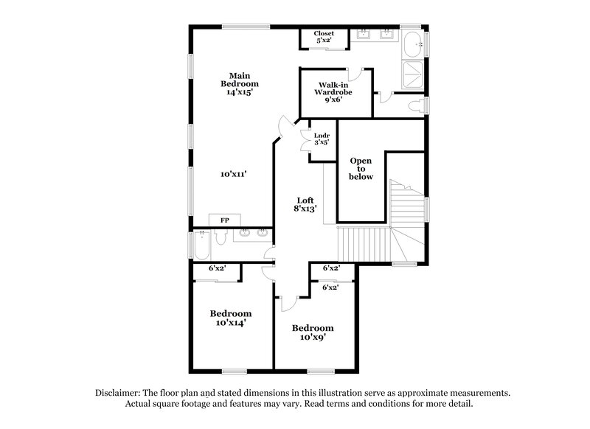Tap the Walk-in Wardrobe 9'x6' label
click(333, 93)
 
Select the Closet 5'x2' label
click(324, 37)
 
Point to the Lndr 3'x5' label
click(321, 139)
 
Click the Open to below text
click(361, 169)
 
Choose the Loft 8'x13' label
click(305, 203)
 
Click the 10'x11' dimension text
click(233, 175)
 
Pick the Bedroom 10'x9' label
click(312, 332)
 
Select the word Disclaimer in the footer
click(120, 393)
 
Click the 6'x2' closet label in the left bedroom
click(216, 269)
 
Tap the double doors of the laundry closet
click(305, 139)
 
